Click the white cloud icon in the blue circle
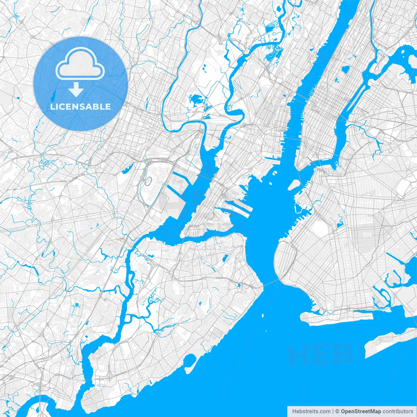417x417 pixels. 80,64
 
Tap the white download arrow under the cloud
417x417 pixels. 76,89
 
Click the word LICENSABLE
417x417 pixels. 80,107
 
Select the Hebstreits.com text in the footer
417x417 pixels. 311,411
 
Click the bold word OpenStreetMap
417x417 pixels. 361,411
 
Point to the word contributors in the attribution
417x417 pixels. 398,411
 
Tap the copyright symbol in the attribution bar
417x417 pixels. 338,411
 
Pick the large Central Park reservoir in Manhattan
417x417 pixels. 345,69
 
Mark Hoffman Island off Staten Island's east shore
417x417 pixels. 263,315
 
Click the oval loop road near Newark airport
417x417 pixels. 148,181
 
